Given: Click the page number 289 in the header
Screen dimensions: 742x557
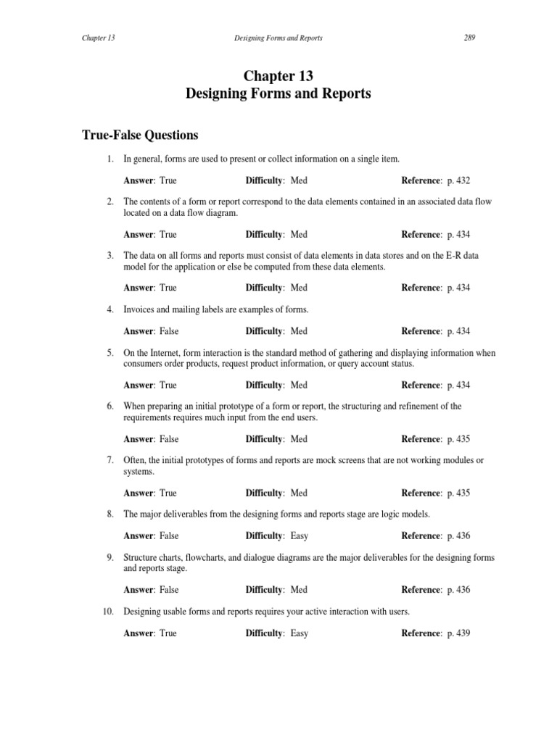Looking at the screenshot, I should click(x=469, y=38).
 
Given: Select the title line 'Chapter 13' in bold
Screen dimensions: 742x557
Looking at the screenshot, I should click(x=278, y=76).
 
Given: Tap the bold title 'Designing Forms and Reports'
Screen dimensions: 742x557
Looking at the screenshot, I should click(x=278, y=94).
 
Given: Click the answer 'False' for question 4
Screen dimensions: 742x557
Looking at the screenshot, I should click(x=168, y=331).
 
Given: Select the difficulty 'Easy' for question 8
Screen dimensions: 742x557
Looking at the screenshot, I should click(x=299, y=536).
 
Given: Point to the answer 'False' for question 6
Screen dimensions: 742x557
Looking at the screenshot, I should click(x=168, y=439).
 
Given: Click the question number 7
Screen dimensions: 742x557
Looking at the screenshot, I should click(x=110, y=461).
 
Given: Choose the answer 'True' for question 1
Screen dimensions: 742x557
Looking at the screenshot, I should click(x=168, y=180).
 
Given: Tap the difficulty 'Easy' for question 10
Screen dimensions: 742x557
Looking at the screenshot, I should click(x=299, y=633).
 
